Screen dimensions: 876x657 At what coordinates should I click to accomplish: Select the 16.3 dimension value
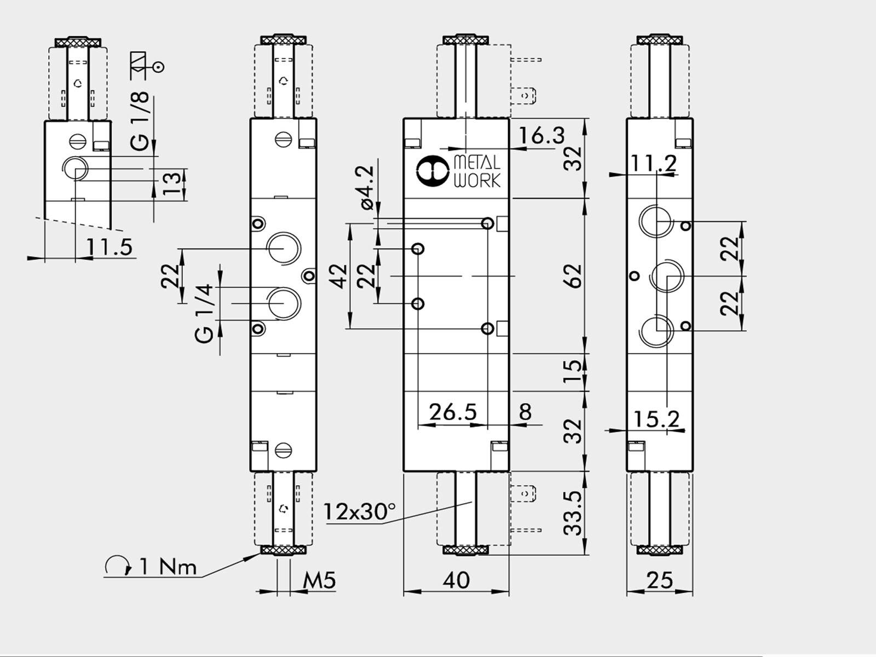[541, 136]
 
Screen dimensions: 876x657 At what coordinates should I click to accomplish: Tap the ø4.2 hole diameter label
[367, 187]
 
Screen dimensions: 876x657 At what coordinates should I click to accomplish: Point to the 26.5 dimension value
[453, 412]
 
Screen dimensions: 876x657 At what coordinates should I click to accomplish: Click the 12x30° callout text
[360, 511]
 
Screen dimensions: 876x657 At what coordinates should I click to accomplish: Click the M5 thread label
[319, 580]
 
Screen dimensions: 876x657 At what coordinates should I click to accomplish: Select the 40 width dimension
[456, 580]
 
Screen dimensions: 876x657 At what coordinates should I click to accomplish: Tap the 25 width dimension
[660, 580]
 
